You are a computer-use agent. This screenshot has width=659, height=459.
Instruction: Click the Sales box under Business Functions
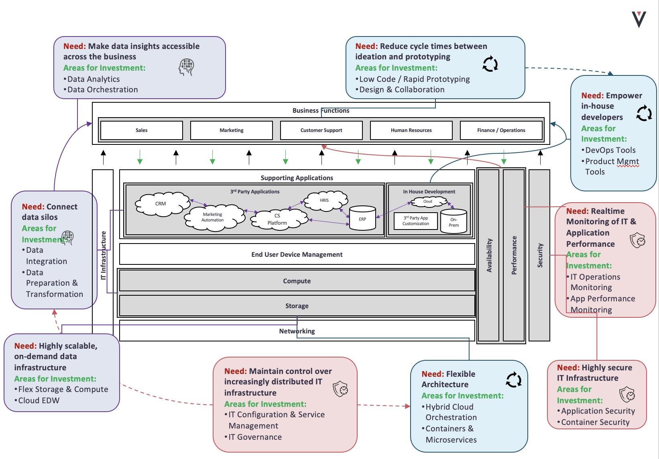click(x=141, y=130)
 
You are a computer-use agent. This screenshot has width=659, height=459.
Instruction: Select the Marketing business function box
click(x=231, y=130)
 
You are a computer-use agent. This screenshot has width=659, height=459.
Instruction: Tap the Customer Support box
click(x=321, y=130)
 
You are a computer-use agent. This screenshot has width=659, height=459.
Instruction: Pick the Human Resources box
click(x=411, y=130)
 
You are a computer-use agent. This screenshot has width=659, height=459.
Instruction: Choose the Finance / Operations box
click(x=501, y=130)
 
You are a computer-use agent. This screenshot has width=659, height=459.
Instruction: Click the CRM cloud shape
click(x=161, y=204)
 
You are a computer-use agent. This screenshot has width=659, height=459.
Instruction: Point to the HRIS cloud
click(x=325, y=200)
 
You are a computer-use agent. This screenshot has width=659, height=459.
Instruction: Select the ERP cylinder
click(x=362, y=219)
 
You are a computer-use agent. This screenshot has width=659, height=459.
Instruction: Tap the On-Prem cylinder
click(x=454, y=222)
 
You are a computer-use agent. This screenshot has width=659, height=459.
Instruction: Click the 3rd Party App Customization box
click(x=416, y=221)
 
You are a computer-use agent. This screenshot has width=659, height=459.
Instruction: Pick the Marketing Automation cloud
click(x=213, y=217)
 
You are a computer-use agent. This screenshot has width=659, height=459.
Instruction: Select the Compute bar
click(x=297, y=281)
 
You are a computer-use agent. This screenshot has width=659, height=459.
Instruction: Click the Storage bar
click(x=297, y=306)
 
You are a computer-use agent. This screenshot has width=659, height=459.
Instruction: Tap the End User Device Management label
click(x=297, y=254)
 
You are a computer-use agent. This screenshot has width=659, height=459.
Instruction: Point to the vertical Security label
click(x=540, y=256)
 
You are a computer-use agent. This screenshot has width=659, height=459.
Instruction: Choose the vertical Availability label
click(x=489, y=256)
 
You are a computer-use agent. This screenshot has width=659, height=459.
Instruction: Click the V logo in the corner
click(x=639, y=19)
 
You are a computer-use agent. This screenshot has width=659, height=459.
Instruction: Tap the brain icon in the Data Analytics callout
click(x=186, y=67)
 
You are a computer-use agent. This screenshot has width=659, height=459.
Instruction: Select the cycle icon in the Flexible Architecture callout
click(x=514, y=380)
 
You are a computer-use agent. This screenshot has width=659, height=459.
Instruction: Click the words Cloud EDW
click(x=39, y=400)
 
